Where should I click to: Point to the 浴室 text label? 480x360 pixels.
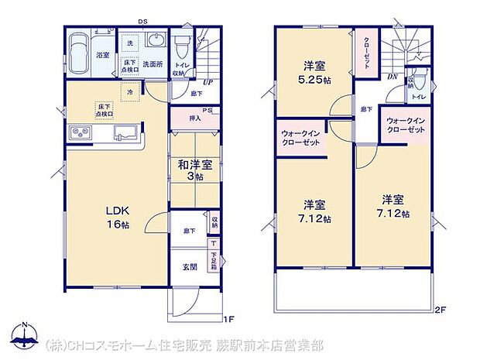coord(102,56)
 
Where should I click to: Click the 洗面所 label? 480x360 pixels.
coord(151,64)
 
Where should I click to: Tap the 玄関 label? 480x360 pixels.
coord(189,268)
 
